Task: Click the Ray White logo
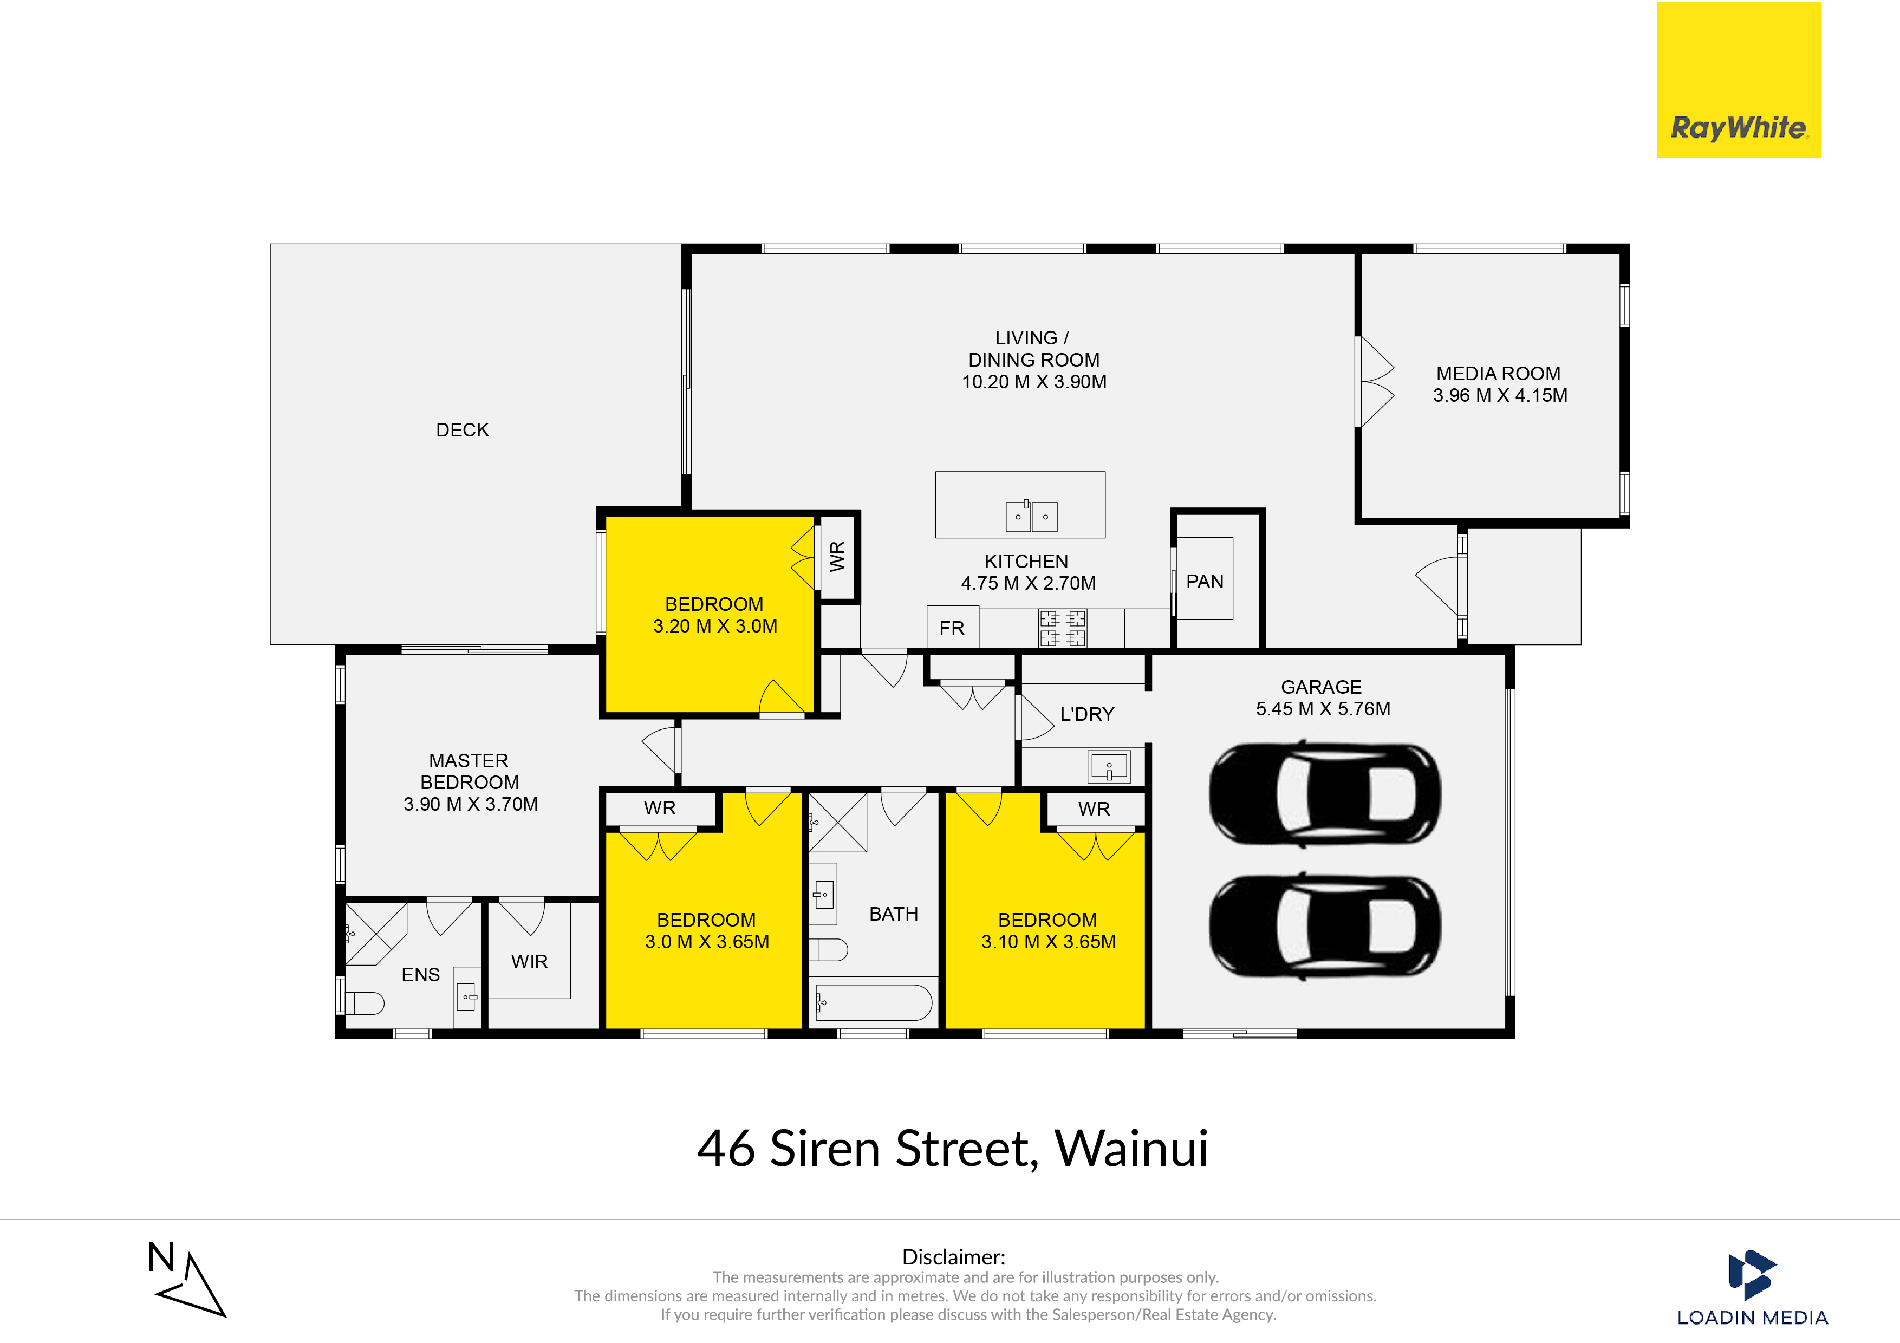(1739, 80)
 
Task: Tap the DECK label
(463, 431)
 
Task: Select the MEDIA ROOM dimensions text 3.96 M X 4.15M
(1500, 395)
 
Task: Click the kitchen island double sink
(1031, 516)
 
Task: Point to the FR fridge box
(953, 627)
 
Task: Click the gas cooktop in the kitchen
(1063, 628)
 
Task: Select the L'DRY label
(1088, 714)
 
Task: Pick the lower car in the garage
(1324, 925)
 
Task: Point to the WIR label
(530, 962)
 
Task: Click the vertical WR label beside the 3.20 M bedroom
(837, 556)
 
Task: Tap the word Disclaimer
(953, 1257)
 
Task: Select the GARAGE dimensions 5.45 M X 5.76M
(1323, 709)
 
